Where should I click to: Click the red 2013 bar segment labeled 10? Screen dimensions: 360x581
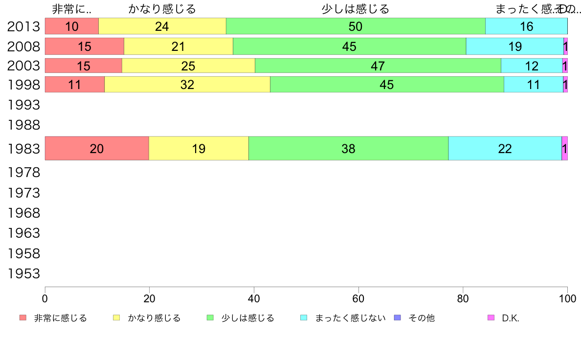72,26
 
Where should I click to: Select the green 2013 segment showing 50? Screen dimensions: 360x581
356,26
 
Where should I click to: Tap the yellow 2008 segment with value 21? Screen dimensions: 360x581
179,46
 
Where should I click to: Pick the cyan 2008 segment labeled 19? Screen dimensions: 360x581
514,46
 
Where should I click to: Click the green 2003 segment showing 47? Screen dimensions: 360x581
378,66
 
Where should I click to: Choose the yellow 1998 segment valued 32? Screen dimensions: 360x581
187,85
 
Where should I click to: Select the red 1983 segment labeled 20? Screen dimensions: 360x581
97,148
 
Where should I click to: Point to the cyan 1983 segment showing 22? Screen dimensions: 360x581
505,148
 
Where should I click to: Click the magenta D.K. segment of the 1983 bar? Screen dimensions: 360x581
564,148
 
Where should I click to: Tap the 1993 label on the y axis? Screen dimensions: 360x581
24,105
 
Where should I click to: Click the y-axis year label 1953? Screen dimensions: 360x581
24,274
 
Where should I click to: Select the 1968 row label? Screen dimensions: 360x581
24,213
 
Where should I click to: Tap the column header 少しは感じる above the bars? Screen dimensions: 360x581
356,9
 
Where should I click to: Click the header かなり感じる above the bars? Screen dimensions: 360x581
162,9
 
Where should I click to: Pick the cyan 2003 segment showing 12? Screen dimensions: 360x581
532,66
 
